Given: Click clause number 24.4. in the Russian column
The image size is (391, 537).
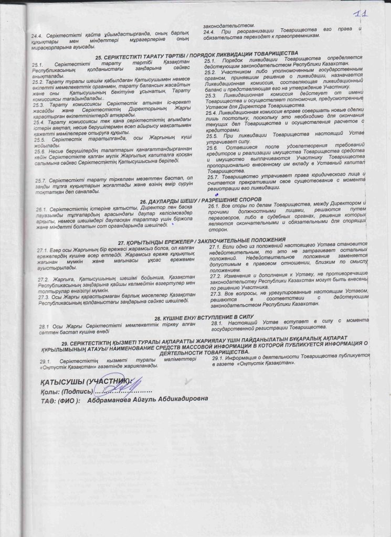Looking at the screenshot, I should coord(210,31).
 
